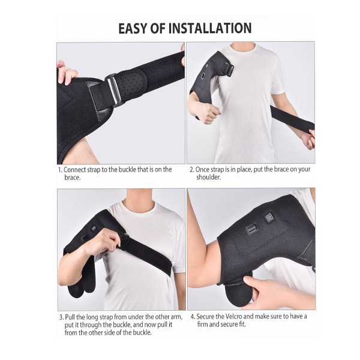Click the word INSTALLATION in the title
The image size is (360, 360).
(211, 28)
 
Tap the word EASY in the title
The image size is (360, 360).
(132, 28)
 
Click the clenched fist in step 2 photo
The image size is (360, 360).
(208, 113)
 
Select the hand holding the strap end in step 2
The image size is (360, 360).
(309, 139)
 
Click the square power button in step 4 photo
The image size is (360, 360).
(268, 217)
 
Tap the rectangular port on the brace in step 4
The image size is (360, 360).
(252, 230)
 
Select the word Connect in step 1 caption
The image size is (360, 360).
(74, 170)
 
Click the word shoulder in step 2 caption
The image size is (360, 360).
(208, 177)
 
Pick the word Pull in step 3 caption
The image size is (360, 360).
(70, 317)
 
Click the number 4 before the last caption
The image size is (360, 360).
(193, 317)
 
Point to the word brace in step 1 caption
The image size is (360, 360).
(72, 178)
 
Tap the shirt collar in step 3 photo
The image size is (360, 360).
(138, 204)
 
